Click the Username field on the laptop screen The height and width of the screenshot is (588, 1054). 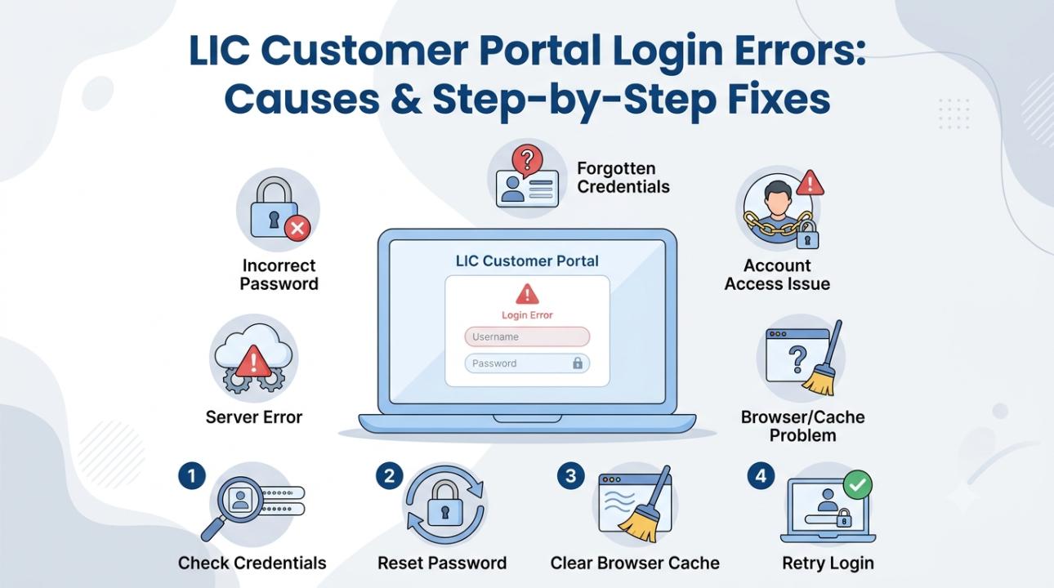[527, 336]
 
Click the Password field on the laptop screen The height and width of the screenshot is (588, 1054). [527, 363]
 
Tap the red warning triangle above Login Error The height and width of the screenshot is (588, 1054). [527, 295]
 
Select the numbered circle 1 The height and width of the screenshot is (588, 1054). [192, 475]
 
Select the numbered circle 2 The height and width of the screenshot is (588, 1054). [389, 475]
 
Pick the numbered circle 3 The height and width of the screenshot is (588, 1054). [571, 475]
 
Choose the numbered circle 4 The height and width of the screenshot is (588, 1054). [761, 475]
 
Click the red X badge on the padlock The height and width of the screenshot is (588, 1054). [297, 229]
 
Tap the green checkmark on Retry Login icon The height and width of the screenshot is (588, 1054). [857, 484]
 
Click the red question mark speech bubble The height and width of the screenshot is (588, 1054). [527, 160]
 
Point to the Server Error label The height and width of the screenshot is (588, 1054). [254, 417]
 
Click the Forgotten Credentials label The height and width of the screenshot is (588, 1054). [623, 178]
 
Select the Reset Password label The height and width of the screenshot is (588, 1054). [442, 563]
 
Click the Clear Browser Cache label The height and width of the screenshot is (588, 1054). [635, 563]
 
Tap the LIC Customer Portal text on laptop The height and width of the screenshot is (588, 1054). [527, 261]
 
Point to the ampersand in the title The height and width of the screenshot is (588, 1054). [406, 100]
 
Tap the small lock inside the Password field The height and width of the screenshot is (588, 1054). [578, 363]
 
